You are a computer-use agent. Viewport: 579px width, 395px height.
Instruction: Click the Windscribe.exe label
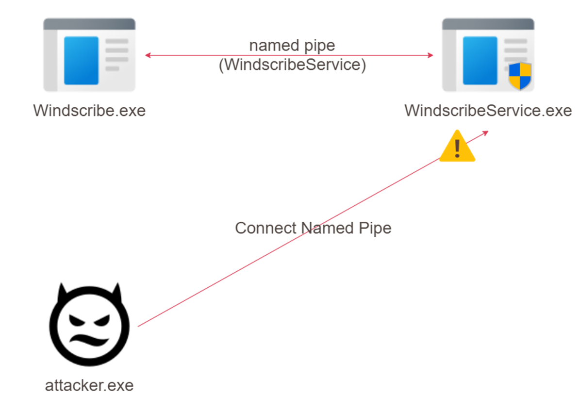(89, 111)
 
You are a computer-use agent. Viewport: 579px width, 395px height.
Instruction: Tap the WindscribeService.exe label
(488, 111)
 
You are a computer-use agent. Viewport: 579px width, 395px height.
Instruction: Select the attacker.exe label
(89, 386)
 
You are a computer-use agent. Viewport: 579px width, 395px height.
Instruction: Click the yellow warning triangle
(457, 147)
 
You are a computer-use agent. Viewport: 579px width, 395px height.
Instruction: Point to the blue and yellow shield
(520, 76)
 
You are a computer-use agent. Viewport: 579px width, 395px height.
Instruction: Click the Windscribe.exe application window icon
(89, 55)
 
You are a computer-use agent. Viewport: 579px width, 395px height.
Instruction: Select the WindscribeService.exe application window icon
(488, 55)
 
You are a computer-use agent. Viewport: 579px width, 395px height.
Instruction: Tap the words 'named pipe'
(292, 46)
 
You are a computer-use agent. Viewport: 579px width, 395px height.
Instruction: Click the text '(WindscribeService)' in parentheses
(292, 65)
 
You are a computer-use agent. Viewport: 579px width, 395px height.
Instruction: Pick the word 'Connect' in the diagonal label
(265, 228)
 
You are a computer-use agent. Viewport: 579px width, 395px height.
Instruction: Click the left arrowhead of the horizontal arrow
(147, 55)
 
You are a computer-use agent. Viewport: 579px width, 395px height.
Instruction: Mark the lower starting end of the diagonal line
(138, 326)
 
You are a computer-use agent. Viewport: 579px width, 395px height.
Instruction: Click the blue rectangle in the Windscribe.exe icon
(82, 60)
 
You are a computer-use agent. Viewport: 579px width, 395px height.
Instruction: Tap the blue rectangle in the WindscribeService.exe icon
(480, 60)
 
